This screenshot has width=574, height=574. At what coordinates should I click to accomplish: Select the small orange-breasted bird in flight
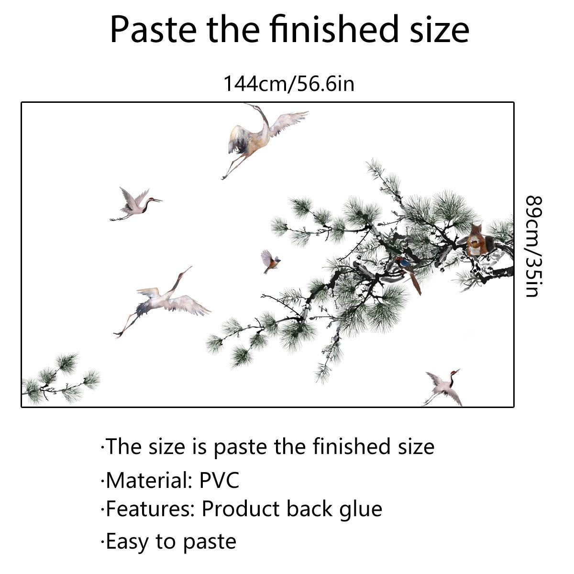coord(270,261)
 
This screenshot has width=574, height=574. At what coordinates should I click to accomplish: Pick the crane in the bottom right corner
coord(443,388)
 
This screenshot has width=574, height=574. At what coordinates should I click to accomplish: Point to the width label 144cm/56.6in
coord(289,84)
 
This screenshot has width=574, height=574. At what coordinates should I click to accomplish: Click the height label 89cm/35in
coord(533,246)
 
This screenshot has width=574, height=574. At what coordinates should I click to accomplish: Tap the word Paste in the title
coord(154,30)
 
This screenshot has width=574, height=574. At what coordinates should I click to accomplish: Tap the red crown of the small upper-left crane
coord(152,199)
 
